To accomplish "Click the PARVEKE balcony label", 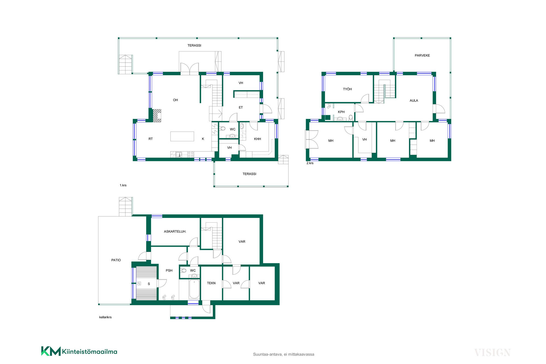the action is click(422, 55).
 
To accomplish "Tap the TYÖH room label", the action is click(347, 89).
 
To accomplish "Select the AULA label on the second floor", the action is click(414, 101).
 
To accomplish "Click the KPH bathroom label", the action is click(341, 112).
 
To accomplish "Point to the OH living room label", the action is click(175, 100).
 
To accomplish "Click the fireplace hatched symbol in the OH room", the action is click(157, 116).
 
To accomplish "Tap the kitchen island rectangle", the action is click(182, 136).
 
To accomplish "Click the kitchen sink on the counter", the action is click(179, 154).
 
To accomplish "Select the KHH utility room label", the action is click(257, 139).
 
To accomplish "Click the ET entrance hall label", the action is click(241, 107).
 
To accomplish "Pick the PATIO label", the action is click(116, 260).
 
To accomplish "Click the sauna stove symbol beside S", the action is click(139, 284).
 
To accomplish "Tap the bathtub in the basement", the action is click(194, 289).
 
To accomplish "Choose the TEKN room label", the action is click(211, 283).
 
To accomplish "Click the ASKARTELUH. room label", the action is click(175, 232).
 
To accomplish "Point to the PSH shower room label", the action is click(169, 271).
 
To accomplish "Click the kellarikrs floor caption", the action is click(105, 317).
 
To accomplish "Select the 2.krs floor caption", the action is click(310, 163).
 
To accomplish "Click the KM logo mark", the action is click(51, 351).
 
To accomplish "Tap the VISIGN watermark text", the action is click(493, 353).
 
